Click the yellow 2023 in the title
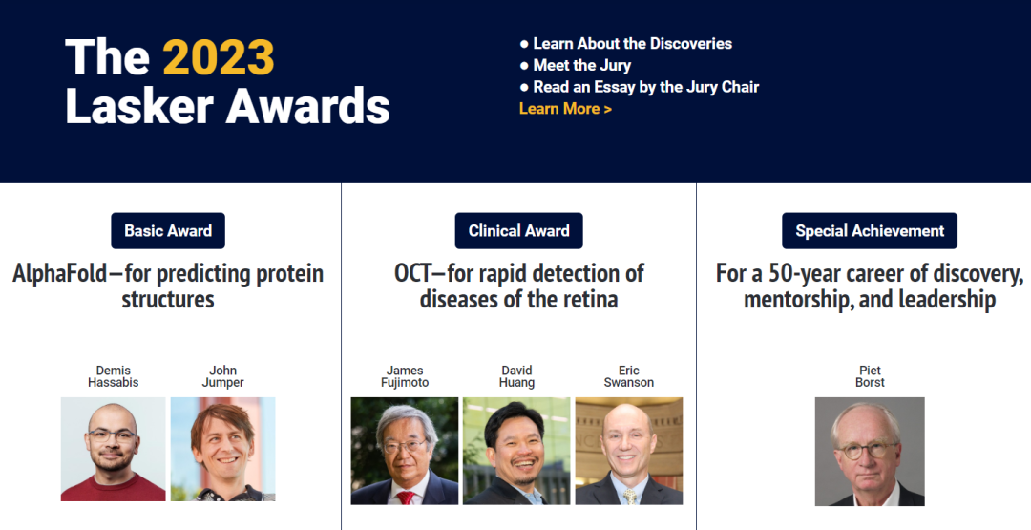(219, 57)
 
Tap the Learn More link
(565, 109)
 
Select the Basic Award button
(168, 231)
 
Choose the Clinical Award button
(518, 231)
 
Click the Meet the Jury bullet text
(582, 65)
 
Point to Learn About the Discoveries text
(633, 43)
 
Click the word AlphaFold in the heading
(60, 273)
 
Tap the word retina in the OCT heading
(591, 299)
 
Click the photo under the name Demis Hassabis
(113, 449)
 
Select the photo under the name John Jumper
(222, 449)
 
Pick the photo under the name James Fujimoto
(405, 451)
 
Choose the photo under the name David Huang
(516, 451)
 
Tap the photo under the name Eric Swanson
(629, 451)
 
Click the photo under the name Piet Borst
(870, 452)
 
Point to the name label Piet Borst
(870, 376)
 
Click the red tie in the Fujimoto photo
(405, 498)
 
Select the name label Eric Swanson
(629, 376)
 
